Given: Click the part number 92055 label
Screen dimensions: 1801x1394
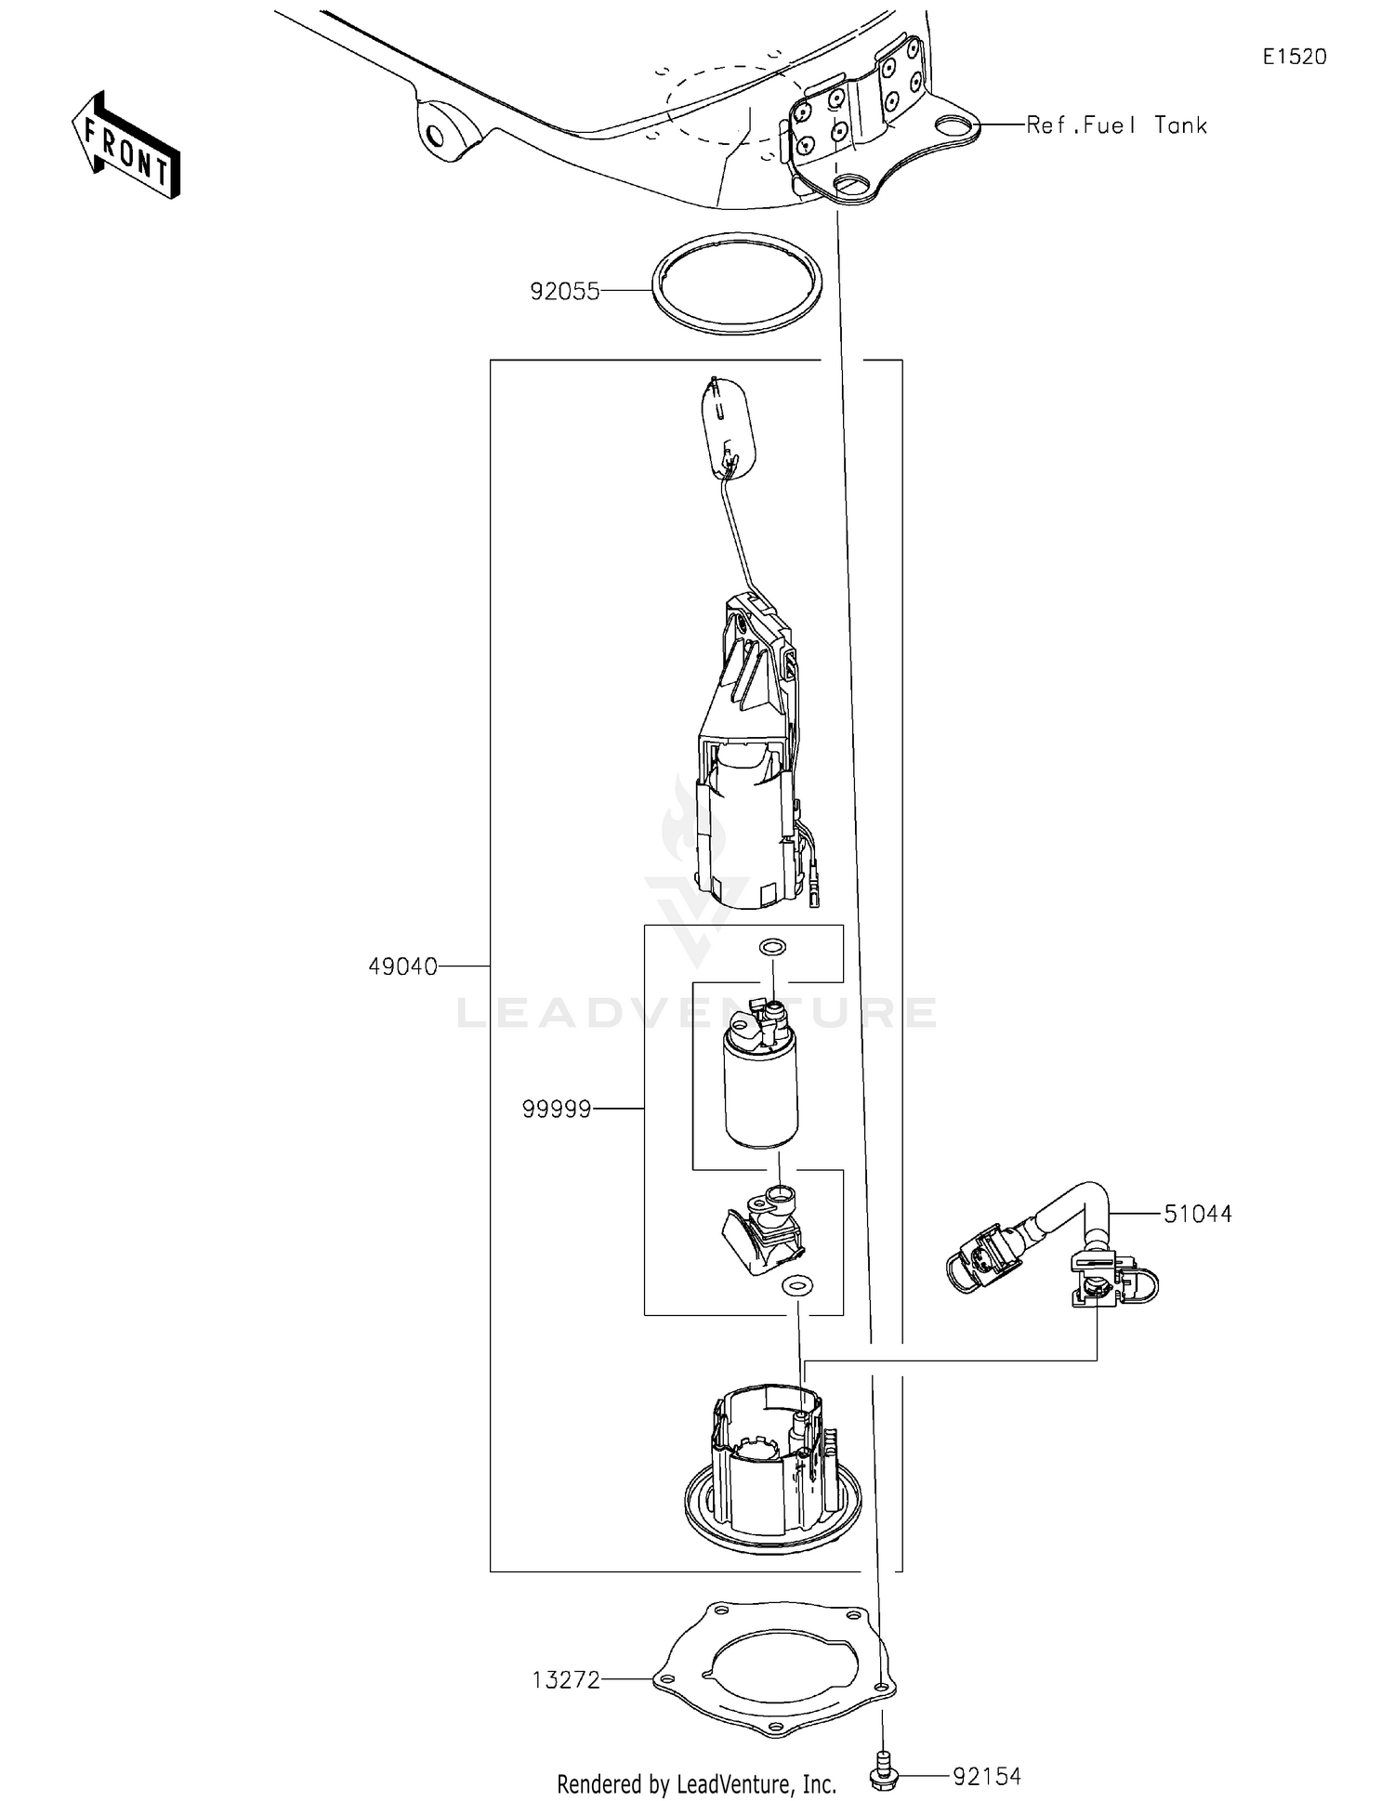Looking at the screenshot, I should (x=564, y=292).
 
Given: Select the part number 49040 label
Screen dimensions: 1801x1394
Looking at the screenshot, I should (x=402, y=967).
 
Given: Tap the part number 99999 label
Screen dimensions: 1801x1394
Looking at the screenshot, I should (x=557, y=1109).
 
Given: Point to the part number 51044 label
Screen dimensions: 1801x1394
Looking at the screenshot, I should (x=1198, y=1214).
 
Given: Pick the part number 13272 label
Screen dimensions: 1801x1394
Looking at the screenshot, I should (x=566, y=1680).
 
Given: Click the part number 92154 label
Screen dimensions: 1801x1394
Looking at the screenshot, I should (x=987, y=1777).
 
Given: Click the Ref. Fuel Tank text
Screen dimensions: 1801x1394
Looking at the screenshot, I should (x=1116, y=125).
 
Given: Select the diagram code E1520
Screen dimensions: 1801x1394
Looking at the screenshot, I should (x=1295, y=57).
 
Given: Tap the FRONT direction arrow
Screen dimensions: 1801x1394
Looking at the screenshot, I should (x=126, y=146).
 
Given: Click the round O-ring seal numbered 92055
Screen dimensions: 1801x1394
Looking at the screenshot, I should (x=738, y=284).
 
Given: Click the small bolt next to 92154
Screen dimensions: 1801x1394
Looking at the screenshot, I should (x=884, y=1776).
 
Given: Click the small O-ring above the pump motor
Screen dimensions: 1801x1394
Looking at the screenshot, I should (x=772, y=948).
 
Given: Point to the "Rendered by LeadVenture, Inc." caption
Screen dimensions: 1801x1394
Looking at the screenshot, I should (x=696, y=1783).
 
